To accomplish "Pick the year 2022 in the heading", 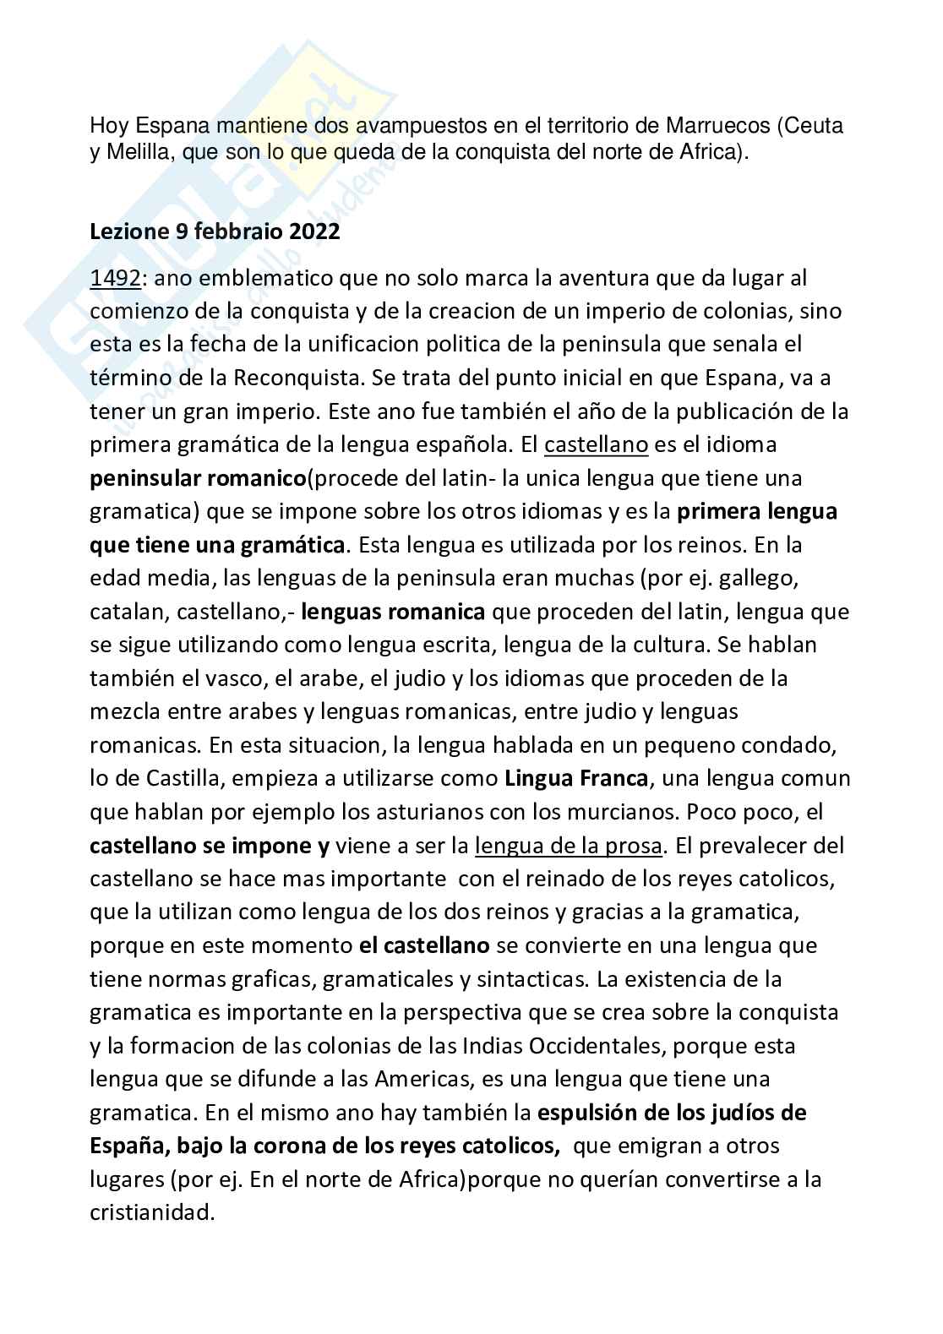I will click(314, 231).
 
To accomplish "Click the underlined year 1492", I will click(115, 277).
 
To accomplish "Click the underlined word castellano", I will click(596, 444).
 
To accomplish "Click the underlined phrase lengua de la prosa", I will click(570, 845).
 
